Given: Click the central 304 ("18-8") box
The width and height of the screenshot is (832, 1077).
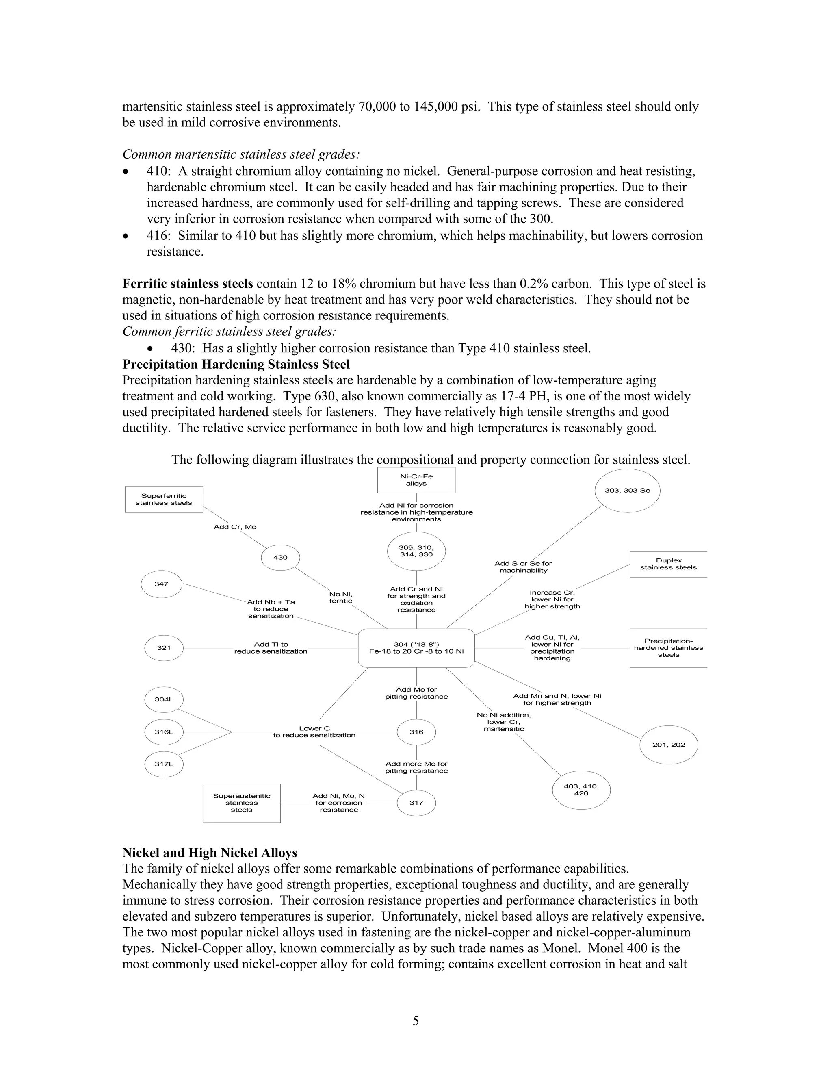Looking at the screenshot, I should click(x=416, y=648).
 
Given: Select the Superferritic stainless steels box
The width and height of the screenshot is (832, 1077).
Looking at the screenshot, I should click(x=164, y=499).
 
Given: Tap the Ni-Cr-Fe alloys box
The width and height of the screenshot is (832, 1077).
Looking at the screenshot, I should click(x=416, y=480).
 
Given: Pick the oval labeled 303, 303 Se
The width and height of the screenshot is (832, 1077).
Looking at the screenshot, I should click(x=627, y=491).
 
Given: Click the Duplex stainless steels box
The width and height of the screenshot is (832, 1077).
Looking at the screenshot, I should click(x=668, y=564).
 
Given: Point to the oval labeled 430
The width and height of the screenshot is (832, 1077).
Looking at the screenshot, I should click(x=280, y=557).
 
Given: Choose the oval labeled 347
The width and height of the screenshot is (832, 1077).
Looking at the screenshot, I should click(x=162, y=584).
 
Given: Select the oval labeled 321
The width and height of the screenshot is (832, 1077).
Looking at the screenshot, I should click(x=164, y=648).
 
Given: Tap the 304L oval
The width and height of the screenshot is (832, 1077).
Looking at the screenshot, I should click(x=164, y=699).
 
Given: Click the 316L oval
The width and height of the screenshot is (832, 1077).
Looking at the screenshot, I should click(x=164, y=732).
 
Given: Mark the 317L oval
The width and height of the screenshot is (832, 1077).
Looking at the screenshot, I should click(x=164, y=764).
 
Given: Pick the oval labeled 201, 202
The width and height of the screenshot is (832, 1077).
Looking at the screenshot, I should click(x=669, y=745).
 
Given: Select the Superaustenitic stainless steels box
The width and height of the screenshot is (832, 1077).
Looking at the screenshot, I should click(x=242, y=803).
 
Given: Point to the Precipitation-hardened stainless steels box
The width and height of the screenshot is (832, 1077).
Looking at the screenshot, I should click(x=668, y=648).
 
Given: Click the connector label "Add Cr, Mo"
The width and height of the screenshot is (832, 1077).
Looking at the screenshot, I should click(x=235, y=527).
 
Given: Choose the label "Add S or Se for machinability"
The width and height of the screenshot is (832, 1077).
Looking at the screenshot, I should click(x=523, y=567).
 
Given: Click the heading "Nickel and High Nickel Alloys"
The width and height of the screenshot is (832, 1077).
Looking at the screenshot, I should click(x=210, y=853).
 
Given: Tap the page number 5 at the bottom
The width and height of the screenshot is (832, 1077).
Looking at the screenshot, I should click(x=416, y=1021).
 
